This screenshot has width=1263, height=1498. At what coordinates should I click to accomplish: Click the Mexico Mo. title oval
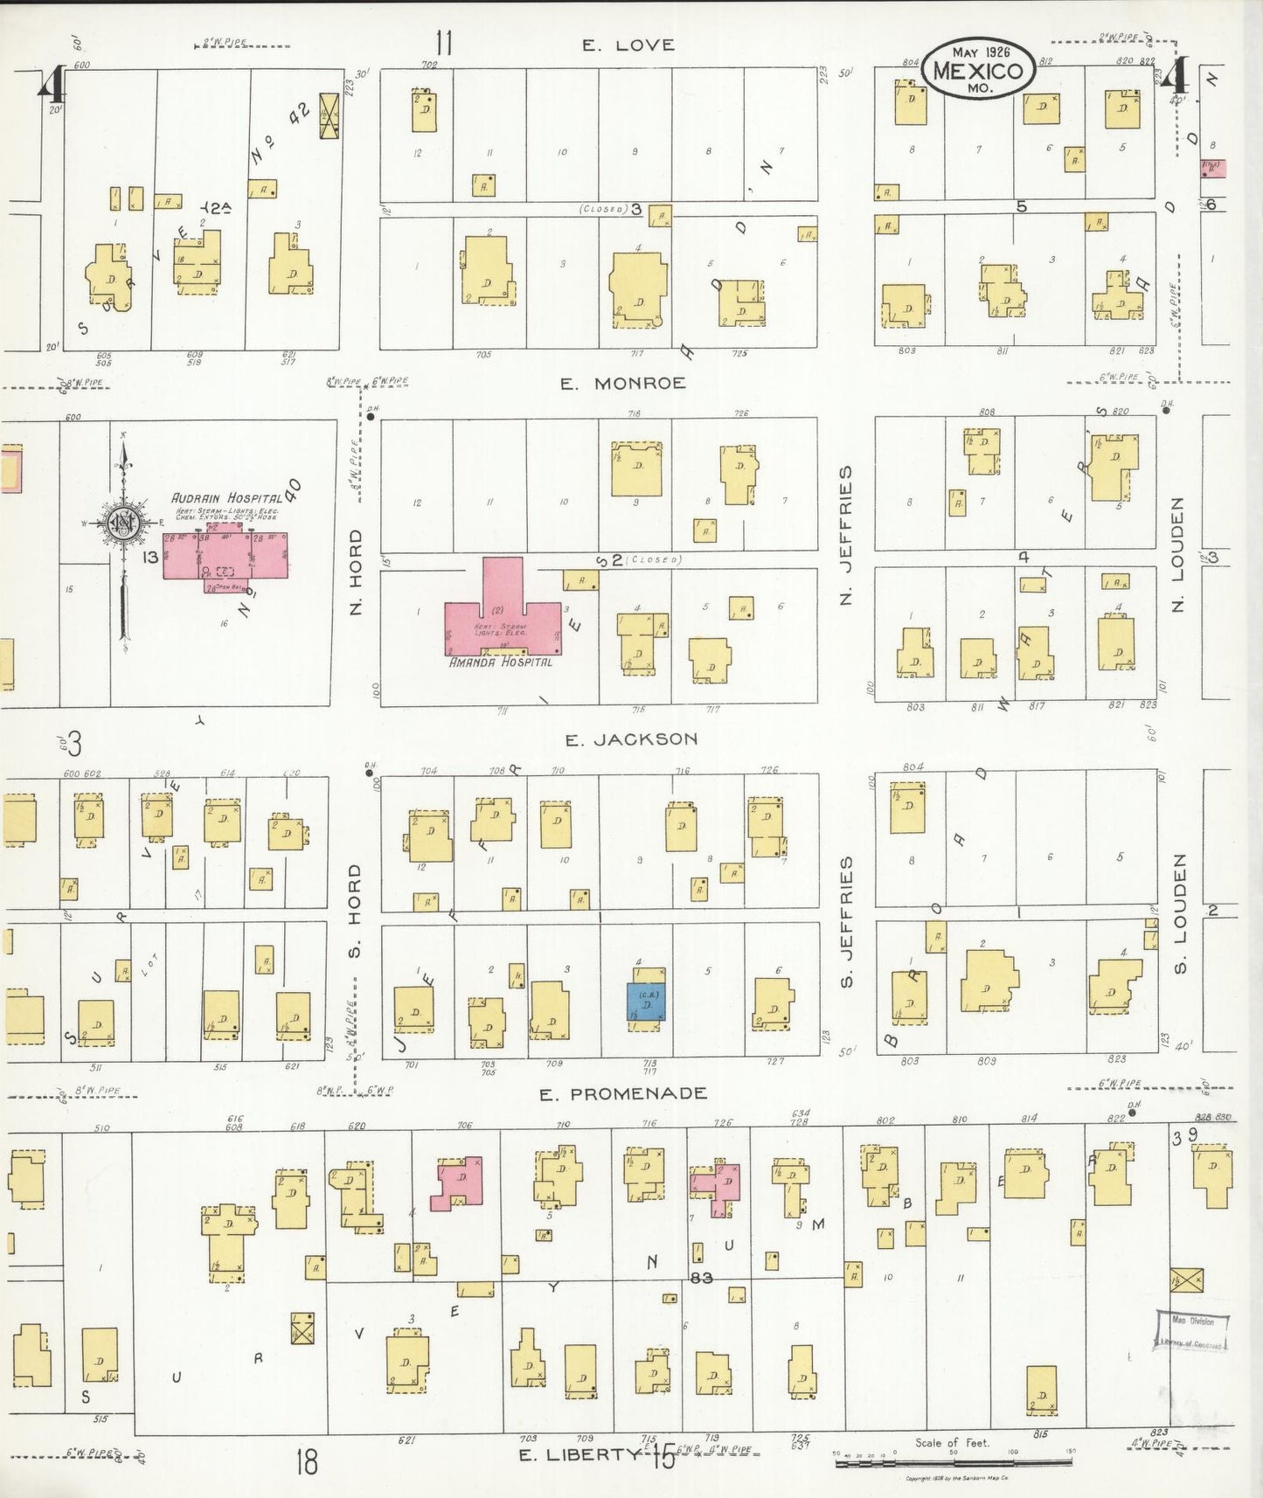coord(977,66)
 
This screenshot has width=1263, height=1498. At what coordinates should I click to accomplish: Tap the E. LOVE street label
coord(628,45)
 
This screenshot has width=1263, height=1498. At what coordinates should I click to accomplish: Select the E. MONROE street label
coord(622,383)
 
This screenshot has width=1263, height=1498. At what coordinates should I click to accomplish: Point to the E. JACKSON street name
coord(631,739)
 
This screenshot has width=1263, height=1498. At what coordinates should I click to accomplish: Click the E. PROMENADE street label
coord(623,1094)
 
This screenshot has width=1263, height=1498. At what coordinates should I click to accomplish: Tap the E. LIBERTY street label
coord(579,1454)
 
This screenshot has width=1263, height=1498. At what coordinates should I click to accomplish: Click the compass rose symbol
coord(123,523)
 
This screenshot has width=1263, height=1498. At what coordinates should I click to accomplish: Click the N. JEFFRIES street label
coord(845,535)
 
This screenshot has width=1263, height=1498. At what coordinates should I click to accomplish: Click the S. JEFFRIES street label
coord(845,921)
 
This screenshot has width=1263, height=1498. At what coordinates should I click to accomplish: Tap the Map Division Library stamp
coord(1192,1331)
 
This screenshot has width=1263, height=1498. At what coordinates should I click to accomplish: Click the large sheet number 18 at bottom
coord(306,1461)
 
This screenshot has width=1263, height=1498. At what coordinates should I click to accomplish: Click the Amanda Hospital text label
coord(501,662)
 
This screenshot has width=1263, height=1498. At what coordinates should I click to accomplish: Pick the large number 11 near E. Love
coord(444,42)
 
